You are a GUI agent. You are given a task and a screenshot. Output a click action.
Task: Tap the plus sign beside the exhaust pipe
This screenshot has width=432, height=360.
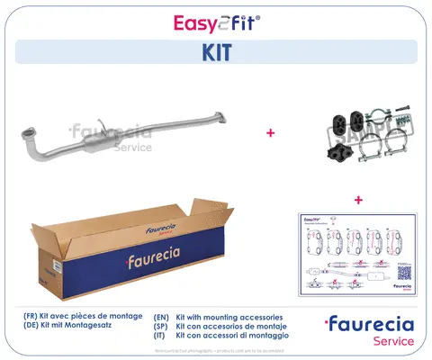pyautogui.click(x=269, y=133)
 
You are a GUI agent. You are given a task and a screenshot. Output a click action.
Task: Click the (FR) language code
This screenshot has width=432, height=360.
pyautogui.click(x=32, y=318)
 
